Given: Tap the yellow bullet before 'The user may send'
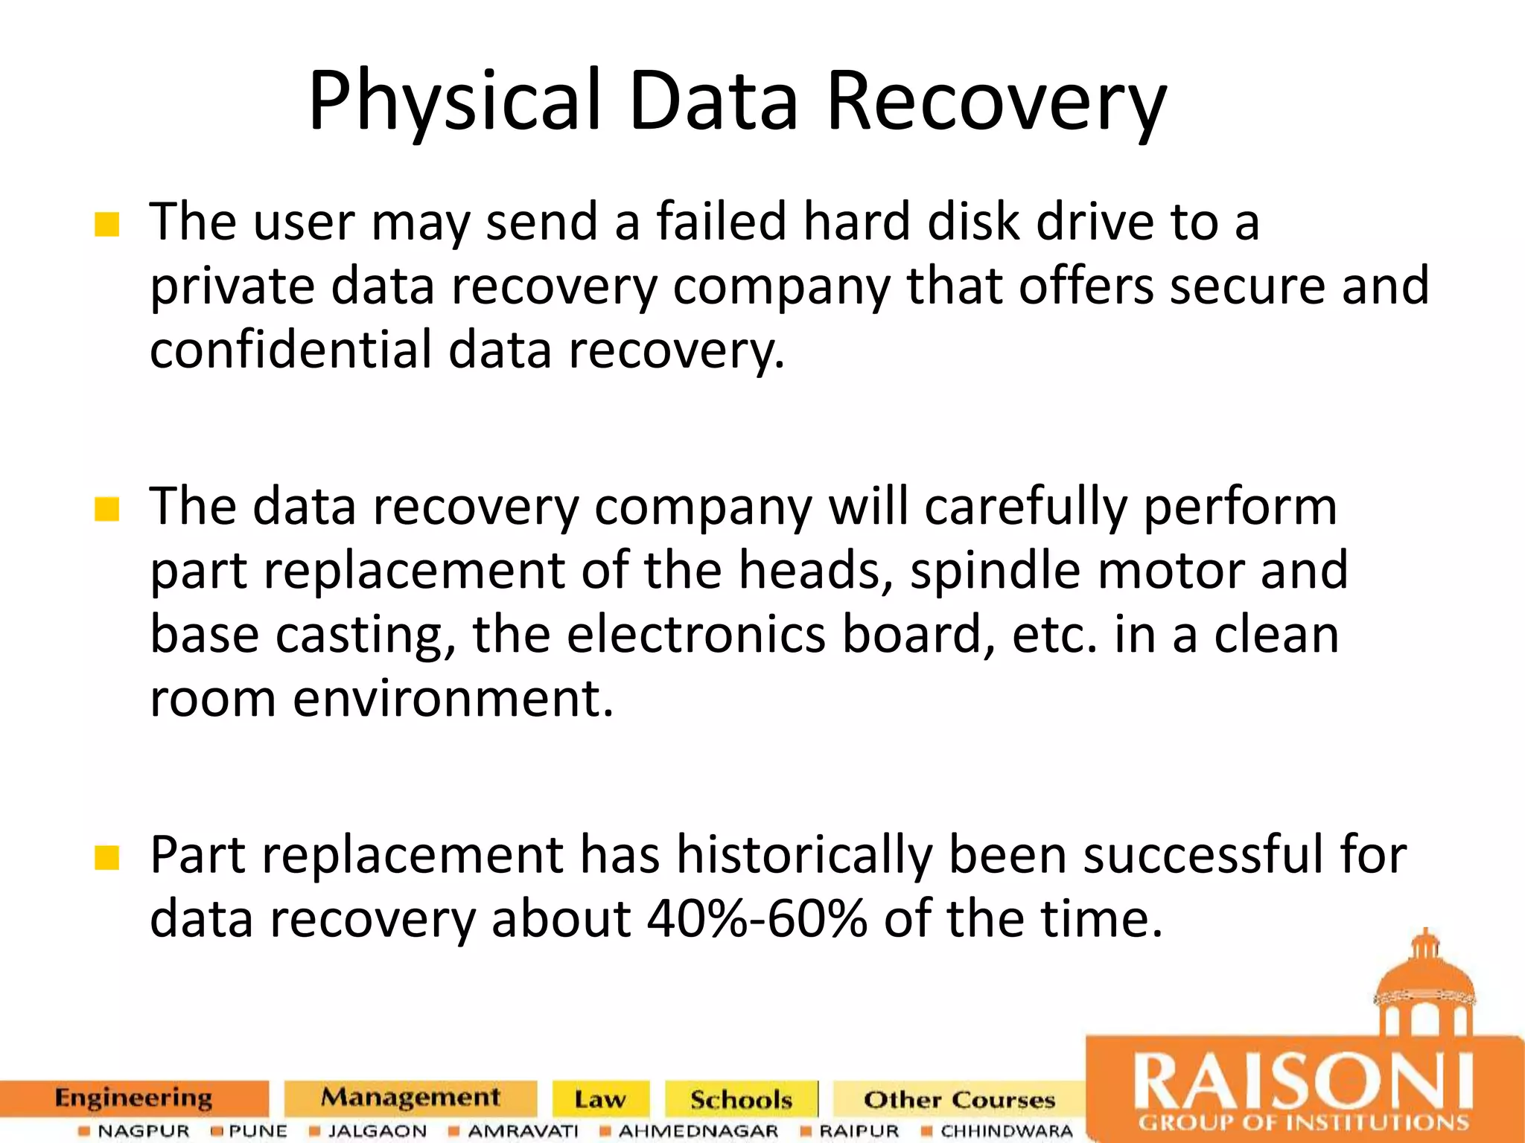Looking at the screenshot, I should point(107,224).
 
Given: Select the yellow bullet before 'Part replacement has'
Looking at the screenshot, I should point(107,858).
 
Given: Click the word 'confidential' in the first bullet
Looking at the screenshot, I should point(290,349).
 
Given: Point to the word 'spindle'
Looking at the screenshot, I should point(995,570).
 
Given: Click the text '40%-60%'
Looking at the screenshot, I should point(757,918).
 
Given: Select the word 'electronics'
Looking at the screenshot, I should point(696,635).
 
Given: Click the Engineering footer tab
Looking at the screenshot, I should point(134,1098).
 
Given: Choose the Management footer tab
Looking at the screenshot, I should point(410,1098).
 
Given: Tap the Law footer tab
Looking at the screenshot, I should point(600,1099).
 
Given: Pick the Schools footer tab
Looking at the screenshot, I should point(741,1099).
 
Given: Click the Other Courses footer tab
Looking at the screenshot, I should point(959,1099).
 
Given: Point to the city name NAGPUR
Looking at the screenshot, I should point(143,1131).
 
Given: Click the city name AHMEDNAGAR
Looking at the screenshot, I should point(698,1131).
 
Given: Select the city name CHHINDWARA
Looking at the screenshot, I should point(1006,1131).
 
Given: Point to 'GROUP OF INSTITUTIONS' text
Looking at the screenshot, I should point(1303,1122).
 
